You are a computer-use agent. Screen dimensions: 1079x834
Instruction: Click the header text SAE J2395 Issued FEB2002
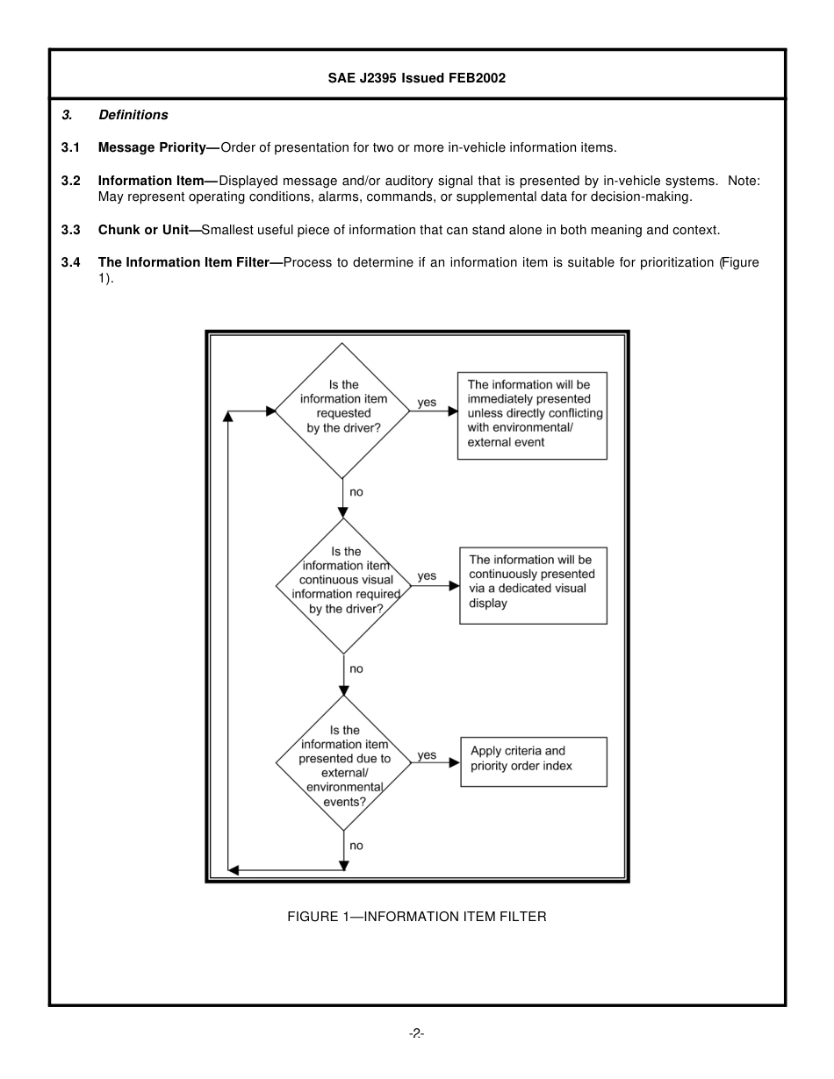tap(417, 78)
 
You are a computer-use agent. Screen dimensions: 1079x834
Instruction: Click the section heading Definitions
tap(133, 115)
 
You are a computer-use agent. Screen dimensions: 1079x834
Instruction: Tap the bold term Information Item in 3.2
tap(151, 181)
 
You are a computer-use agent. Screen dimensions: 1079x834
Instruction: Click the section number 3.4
tap(70, 262)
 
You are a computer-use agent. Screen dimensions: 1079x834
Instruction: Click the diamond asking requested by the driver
tap(343, 411)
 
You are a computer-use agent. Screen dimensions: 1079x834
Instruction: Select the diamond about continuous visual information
tap(343, 585)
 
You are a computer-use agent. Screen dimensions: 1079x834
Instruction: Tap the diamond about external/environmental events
tap(343, 763)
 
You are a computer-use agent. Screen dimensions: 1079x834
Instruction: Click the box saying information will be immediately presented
tap(532, 414)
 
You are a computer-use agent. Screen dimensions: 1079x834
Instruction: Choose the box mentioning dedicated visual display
tap(533, 585)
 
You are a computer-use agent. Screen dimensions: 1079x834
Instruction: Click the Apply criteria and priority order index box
tap(533, 761)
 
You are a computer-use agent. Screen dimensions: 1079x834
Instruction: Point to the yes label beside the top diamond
tap(427, 403)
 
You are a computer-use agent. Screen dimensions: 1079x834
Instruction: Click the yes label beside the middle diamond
tap(427, 576)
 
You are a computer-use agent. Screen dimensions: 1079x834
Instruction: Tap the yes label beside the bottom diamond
tap(427, 755)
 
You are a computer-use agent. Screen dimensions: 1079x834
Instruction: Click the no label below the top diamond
tap(356, 492)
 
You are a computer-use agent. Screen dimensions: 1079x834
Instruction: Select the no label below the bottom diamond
tap(356, 846)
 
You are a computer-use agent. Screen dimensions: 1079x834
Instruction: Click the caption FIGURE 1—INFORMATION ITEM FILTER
tap(417, 917)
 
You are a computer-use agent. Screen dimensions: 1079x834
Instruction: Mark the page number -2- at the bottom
tap(417, 1033)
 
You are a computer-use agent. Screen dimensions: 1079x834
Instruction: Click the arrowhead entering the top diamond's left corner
tap(270, 411)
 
